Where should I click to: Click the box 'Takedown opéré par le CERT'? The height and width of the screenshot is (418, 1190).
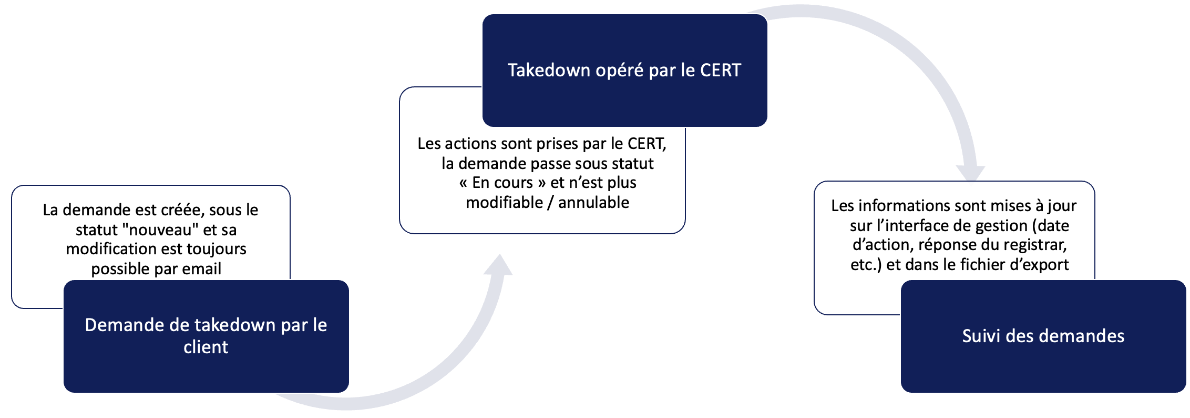point(624,71)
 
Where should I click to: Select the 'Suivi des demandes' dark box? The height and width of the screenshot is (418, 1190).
point(1043,336)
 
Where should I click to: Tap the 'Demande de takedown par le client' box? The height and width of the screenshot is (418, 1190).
point(206,336)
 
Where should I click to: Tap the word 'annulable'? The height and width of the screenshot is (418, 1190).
point(593,203)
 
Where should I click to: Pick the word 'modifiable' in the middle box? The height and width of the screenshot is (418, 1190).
point(504,203)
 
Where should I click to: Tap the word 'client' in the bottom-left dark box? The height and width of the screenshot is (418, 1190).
point(206,347)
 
